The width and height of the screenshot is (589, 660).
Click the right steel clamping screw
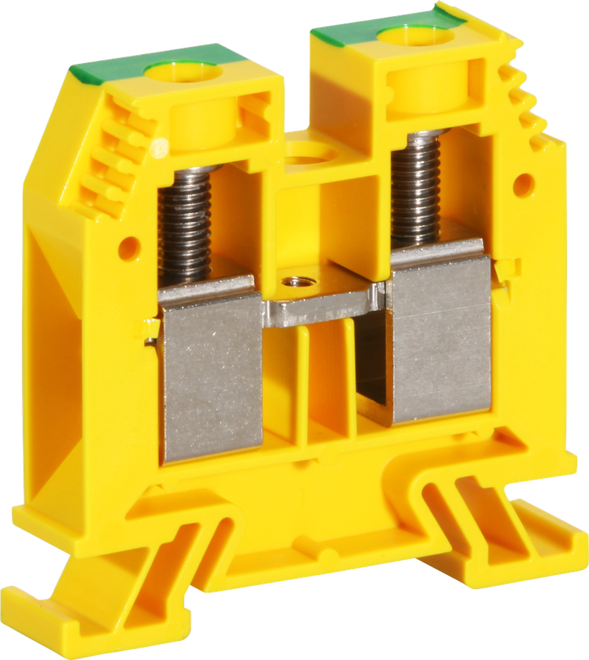coord(416,191)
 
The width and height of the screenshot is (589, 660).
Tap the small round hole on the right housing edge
coord(524,184)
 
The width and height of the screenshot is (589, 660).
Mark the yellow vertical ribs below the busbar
coord(323,381)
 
